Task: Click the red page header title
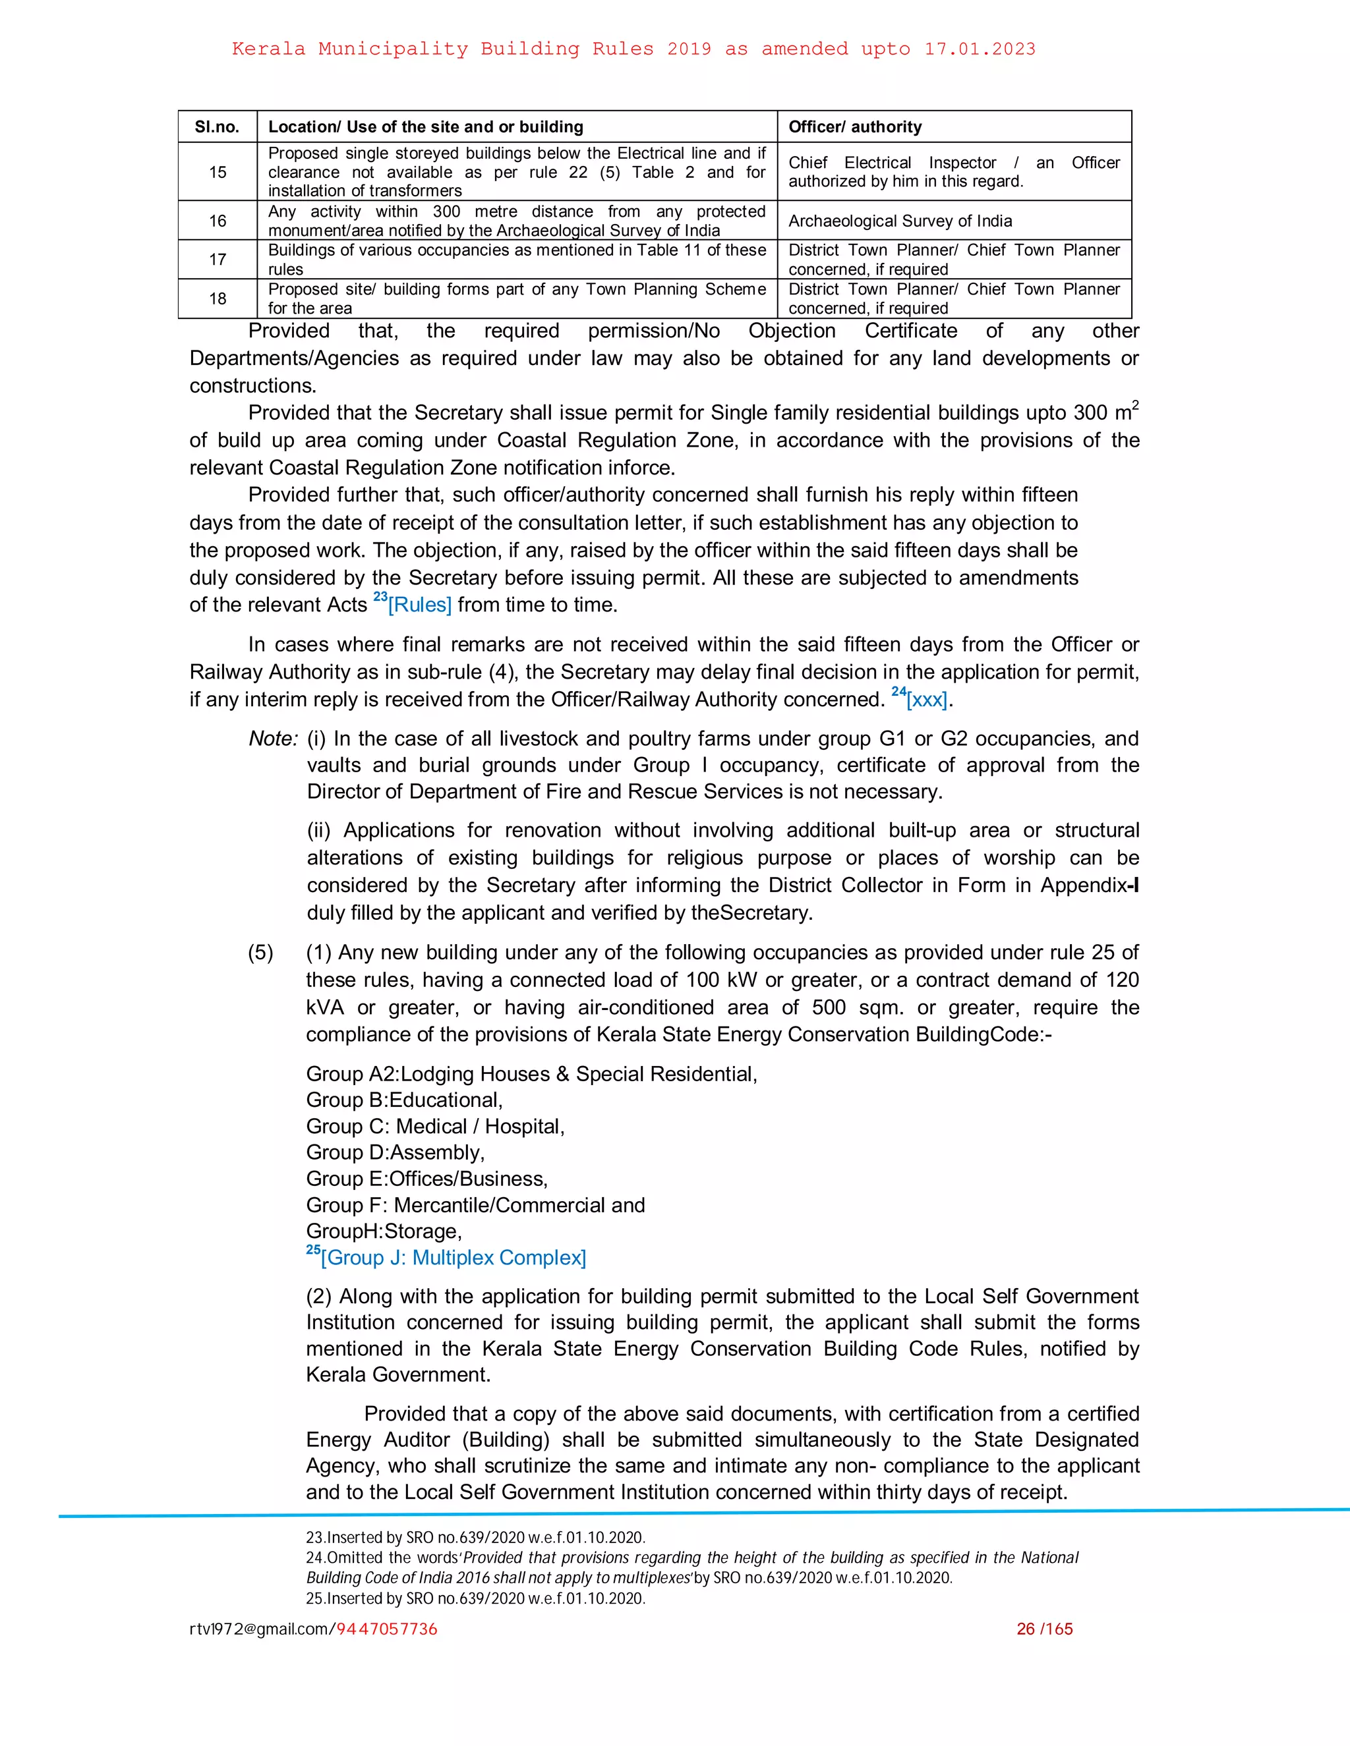coord(633,49)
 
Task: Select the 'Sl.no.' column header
coord(217,127)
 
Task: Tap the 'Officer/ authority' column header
coord(855,127)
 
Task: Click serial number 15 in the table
coord(218,172)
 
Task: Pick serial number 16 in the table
coord(218,221)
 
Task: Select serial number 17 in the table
coord(218,259)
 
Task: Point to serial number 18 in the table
coord(218,298)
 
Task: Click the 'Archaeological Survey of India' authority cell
coord(900,221)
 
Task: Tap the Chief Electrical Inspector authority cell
coord(953,172)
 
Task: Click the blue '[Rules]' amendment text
coord(420,605)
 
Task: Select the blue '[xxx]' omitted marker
coord(927,700)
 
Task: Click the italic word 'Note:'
coord(274,739)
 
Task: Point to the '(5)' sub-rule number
coord(260,953)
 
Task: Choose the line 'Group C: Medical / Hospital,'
coord(435,1127)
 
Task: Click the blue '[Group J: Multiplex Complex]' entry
coord(453,1258)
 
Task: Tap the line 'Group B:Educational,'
coord(404,1100)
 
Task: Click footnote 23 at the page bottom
coord(475,1537)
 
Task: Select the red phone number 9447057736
coord(386,1629)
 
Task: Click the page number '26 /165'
coord(1045,1629)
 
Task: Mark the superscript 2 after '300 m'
coord(1136,405)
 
